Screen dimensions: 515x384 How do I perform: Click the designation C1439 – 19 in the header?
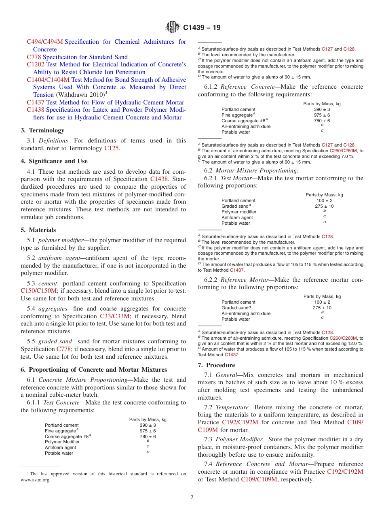coord(202,28)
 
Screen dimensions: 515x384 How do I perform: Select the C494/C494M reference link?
coord(45,42)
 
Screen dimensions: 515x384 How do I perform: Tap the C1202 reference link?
coord(36,64)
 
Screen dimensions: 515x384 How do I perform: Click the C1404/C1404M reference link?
coord(48,80)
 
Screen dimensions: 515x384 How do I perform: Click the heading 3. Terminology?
coord(42,130)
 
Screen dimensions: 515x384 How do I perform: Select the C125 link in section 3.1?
coord(112,148)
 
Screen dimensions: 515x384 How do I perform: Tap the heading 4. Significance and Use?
coord(54,161)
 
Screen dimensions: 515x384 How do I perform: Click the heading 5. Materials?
coord(38,230)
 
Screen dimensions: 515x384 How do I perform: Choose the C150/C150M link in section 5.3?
coord(39,291)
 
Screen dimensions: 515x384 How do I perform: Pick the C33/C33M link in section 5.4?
coord(116,316)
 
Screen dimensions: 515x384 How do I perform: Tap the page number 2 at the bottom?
coord(192,498)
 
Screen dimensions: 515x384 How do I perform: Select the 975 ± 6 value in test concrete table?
coord(148,431)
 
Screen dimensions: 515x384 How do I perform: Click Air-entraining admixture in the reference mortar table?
coord(246,313)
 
